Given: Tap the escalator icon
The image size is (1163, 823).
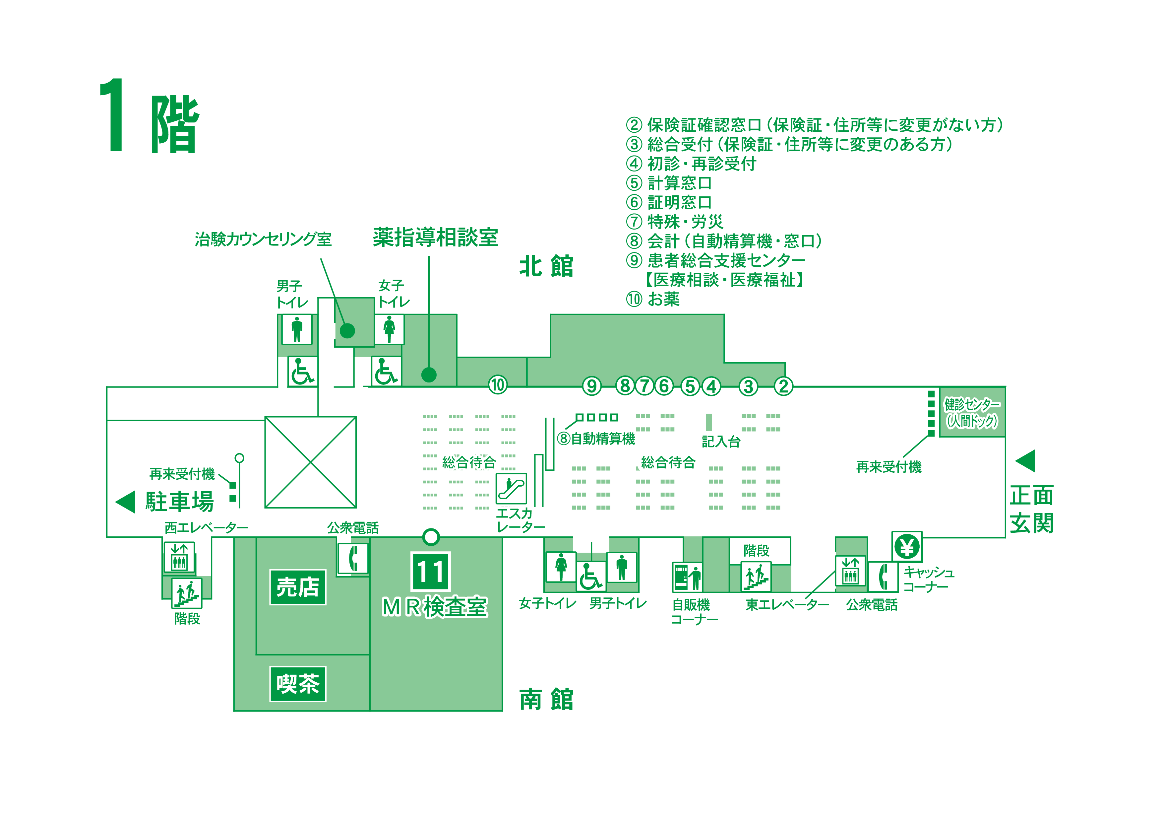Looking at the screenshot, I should pos(511,489).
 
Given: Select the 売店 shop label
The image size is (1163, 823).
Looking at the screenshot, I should pos(298,587).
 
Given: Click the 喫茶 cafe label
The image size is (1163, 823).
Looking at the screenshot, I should pos(298,684).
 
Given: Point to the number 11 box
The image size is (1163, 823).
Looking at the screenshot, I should pos(431,571).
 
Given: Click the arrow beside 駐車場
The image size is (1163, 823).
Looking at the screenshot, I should pos(125,502).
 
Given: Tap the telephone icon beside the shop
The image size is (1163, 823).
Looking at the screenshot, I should pos(353,559).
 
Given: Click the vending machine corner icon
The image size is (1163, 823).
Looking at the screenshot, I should pos(687,577).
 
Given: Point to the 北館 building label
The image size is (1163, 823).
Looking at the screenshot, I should pos(546,267).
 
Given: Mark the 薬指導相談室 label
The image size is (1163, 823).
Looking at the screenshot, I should pos(436,237).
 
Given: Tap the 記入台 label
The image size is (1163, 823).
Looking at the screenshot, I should pos(721,442).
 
